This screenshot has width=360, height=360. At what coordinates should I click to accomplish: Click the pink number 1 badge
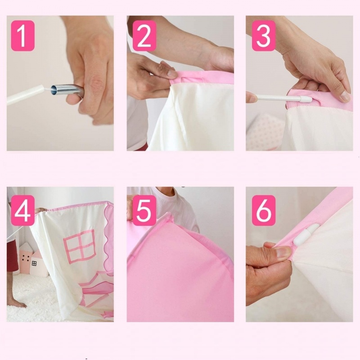tap(23, 36)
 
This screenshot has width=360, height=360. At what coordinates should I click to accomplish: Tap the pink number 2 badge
tap(144, 36)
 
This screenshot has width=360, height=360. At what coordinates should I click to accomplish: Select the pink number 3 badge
tap(264, 36)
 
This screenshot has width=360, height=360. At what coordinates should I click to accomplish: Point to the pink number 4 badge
tap(23, 211)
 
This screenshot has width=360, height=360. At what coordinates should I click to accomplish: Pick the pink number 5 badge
tap(144, 211)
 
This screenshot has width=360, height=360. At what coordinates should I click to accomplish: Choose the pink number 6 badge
tap(264, 211)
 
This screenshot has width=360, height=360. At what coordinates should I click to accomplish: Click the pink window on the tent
tap(80, 246)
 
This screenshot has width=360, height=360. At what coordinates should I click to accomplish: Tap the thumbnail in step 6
tap(284, 252)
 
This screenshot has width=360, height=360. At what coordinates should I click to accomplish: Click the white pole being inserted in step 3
tap(283, 98)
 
